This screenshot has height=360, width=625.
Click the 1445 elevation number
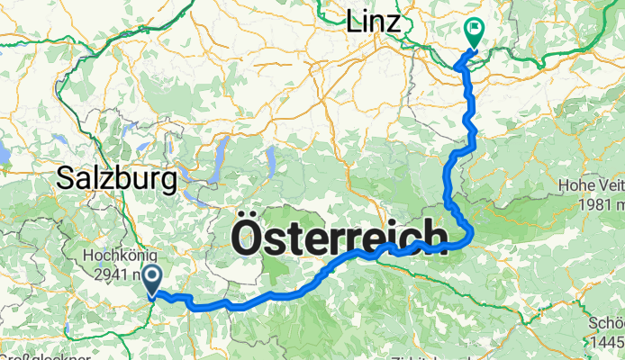[605, 343]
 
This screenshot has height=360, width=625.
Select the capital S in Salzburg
[66, 178]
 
